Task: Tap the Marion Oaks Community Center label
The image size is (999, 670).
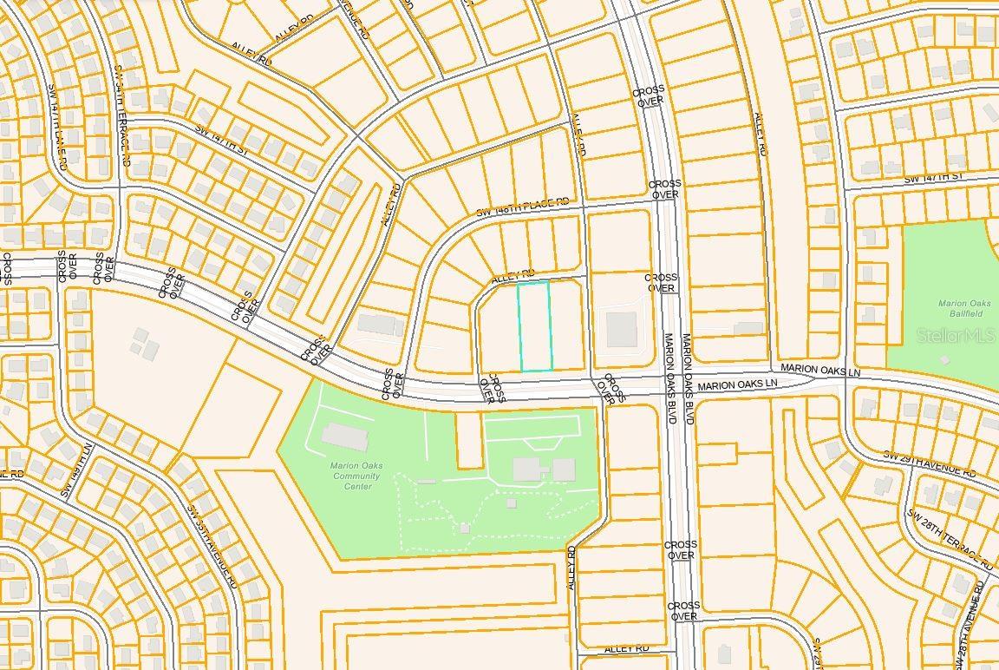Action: point(356,476)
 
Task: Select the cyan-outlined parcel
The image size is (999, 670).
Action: point(535,326)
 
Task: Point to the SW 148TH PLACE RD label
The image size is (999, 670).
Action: point(523,207)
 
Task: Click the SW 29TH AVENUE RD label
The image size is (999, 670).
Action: point(929,464)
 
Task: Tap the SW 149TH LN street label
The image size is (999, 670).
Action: point(75,470)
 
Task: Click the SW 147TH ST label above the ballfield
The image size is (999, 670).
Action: point(933,178)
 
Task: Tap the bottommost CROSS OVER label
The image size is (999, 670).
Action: point(683,611)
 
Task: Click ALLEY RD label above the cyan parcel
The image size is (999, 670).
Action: point(513,275)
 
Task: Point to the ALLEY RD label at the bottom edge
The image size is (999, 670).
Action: point(627,648)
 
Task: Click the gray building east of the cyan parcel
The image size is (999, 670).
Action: point(621,330)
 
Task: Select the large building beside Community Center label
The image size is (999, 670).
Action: point(344,437)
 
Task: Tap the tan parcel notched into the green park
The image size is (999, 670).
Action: point(468,440)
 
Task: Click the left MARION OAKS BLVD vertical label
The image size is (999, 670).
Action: point(669,373)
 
